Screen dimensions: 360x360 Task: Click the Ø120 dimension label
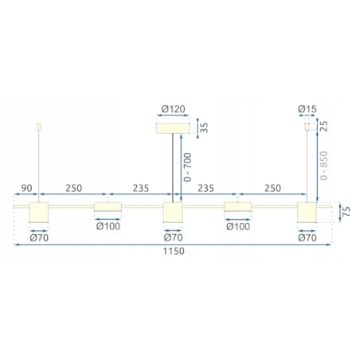[173, 109]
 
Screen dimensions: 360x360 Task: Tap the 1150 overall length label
[174, 251]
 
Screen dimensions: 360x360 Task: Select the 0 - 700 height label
[187, 167]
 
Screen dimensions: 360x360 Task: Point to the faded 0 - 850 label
[323, 166]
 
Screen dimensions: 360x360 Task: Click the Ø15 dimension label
[307, 109]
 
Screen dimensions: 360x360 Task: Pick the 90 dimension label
[26, 188]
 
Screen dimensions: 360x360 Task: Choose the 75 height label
[346, 211]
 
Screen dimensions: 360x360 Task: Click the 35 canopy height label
[204, 127]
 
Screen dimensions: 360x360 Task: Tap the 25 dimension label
[323, 126]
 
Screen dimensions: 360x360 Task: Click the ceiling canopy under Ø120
[173, 128]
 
